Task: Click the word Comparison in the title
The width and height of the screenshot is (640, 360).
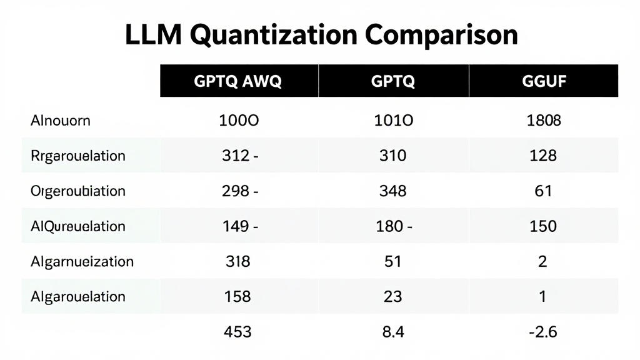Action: tap(442, 36)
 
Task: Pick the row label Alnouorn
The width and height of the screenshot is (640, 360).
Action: tap(60, 121)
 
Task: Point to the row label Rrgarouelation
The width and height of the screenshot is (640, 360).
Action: tap(77, 156)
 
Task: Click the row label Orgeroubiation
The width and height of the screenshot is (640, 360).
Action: tap(77, 191)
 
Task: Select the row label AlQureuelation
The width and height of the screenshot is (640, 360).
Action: tap(77, 226)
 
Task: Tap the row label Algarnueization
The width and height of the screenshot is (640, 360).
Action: tap(81, 261)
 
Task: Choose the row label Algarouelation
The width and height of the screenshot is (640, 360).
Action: tap(77, 296)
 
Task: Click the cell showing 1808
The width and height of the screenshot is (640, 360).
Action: tap(543, 121)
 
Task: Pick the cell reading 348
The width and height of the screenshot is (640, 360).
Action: tap(392, 191)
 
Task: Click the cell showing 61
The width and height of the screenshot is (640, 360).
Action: tap(543, 191)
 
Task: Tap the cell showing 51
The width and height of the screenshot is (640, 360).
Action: tap(392, 261)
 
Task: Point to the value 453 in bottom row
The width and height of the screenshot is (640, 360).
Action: tap(237, 331)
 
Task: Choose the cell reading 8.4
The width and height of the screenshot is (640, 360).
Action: tap(392, 331)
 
